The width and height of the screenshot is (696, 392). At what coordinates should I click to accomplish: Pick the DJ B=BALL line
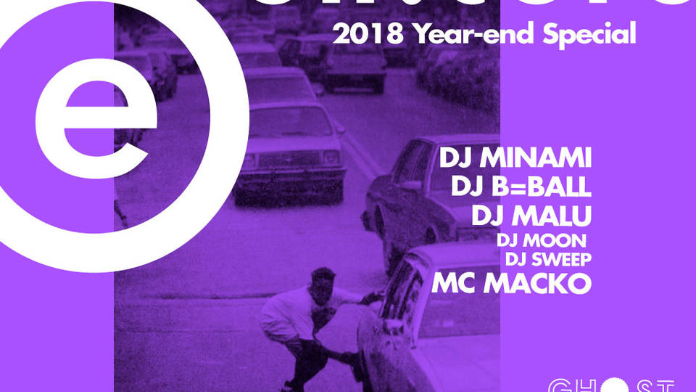tap(521, 187)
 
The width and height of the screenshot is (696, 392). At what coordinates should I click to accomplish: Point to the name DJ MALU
tap(531, 216)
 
